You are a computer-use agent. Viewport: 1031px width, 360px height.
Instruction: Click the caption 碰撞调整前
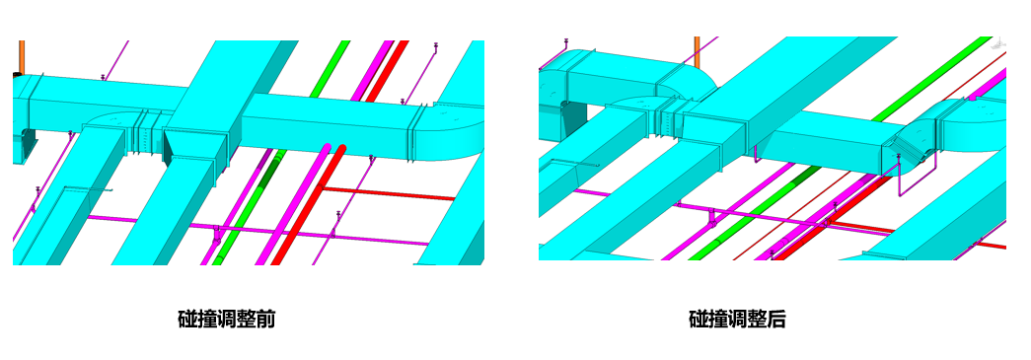(x=227, y=320)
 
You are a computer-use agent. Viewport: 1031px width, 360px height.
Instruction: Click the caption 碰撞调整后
(x=738, y=320)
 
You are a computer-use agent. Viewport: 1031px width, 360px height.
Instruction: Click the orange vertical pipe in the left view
(x=22, y=58)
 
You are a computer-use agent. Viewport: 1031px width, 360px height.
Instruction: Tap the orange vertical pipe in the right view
(x=698, y=51)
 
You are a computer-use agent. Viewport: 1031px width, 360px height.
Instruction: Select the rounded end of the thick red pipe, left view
(x=340, y=149)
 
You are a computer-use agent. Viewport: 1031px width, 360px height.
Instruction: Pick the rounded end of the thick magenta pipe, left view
(x=327, y=147)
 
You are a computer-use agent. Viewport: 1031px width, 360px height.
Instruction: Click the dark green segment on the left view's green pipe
(x=267, y=174)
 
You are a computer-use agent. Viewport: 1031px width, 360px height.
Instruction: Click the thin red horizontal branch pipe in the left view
(x=388, y=193)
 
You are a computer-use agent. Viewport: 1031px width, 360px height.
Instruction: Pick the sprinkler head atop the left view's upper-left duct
(x=103, y=78)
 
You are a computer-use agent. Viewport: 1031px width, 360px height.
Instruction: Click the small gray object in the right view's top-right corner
(x=998, y=41)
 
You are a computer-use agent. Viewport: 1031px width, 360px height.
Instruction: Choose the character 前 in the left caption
(x=265, y=320)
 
